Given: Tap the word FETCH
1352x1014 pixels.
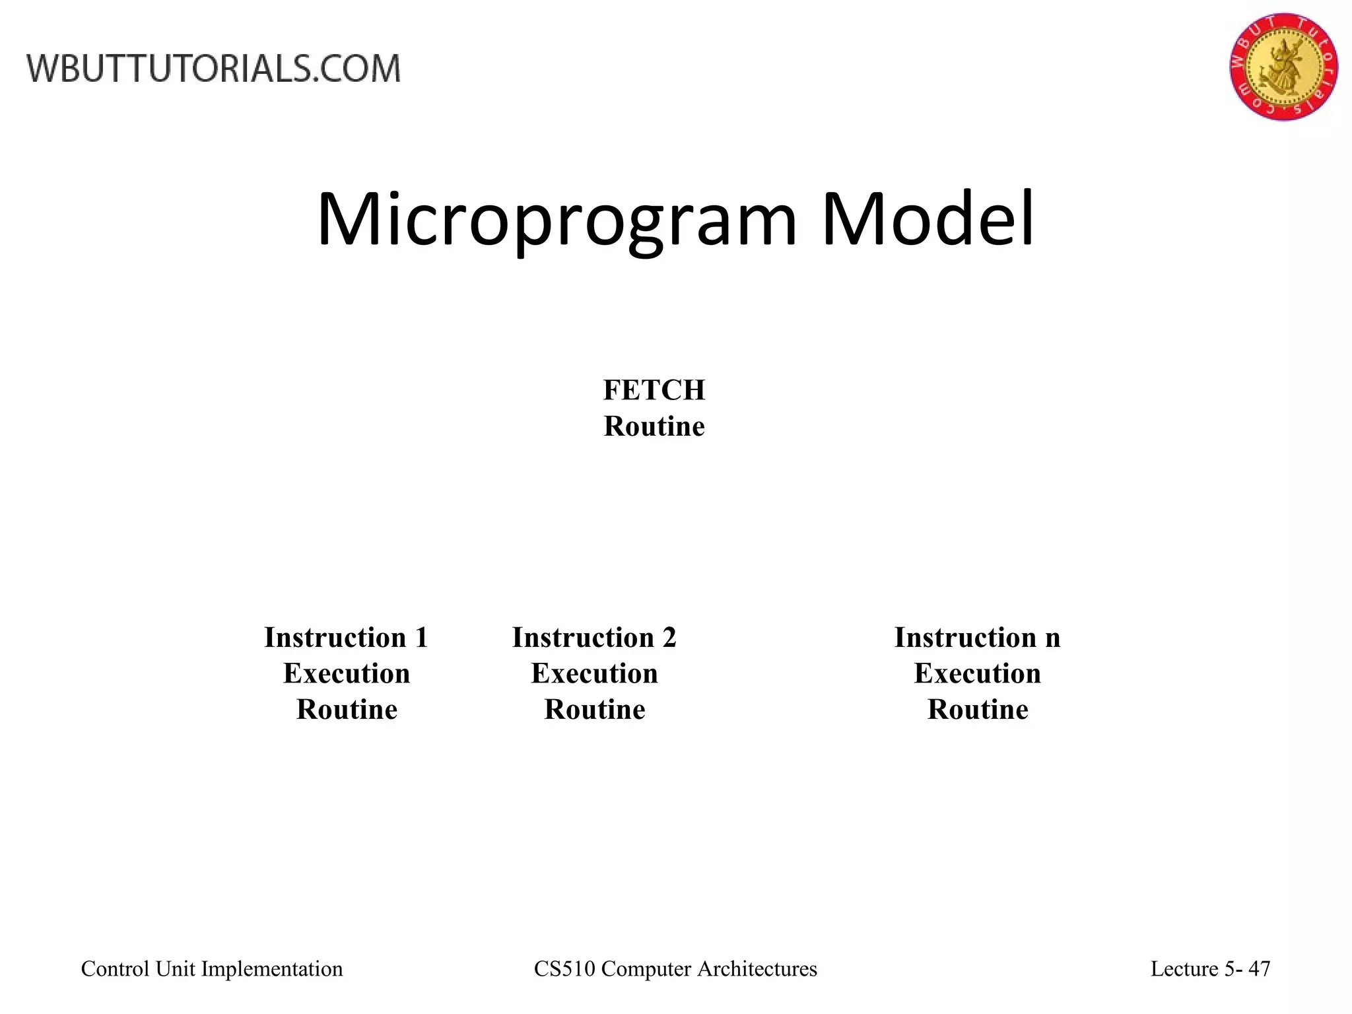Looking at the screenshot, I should (654, 390).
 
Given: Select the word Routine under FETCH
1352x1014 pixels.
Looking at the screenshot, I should (654, 426).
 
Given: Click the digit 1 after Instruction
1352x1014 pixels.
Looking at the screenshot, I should (421, 638).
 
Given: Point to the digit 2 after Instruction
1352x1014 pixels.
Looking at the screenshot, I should (669, 638).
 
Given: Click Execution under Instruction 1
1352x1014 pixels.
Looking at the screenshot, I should (347, 674).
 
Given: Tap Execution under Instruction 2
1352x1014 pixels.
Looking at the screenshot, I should (594, 674).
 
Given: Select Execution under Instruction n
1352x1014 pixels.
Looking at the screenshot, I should (977, 674).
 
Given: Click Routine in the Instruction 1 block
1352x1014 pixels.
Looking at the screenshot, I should (347, 710).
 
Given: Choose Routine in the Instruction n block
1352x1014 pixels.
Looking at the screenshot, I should (977, 710).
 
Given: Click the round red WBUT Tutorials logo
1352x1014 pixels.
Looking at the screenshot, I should (1283, 66).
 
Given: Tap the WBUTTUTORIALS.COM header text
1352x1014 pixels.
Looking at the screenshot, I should (213, 69).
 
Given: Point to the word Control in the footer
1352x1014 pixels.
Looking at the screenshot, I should (115, 968).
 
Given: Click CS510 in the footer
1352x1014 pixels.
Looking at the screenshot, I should (564, 968).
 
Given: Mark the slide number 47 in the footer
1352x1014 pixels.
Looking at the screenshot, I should (1260, 968).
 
